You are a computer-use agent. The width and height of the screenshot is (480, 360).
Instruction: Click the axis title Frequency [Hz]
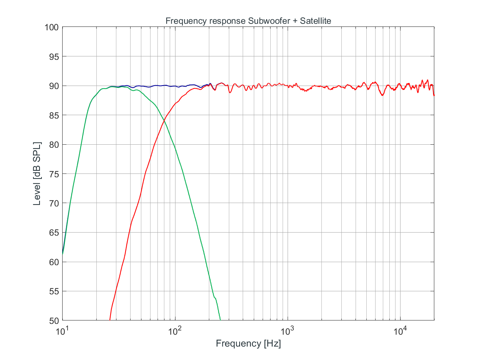[248, 343]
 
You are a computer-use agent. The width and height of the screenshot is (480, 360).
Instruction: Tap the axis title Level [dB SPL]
[37, 174]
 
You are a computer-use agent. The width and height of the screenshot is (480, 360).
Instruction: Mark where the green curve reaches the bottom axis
[220, 320]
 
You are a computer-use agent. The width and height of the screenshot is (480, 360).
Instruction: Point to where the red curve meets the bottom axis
[110, 320]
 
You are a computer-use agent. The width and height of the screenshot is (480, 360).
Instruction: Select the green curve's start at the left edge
[63, 254]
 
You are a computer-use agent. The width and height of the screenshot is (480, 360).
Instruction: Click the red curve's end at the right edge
[434, 95]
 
